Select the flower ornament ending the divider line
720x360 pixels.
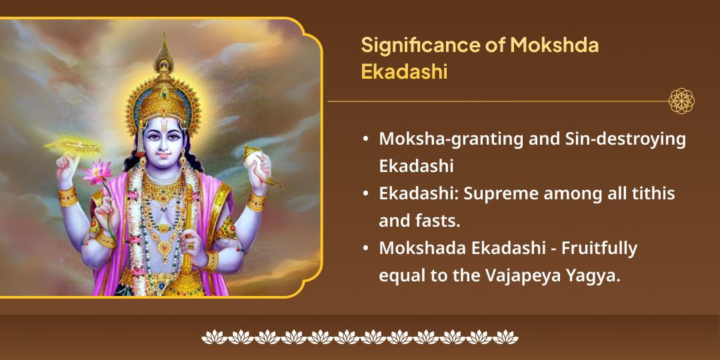(x=681, y=101)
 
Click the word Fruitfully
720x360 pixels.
(x=599, y=248)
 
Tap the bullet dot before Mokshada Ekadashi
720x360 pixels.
(x=366, y=248)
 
